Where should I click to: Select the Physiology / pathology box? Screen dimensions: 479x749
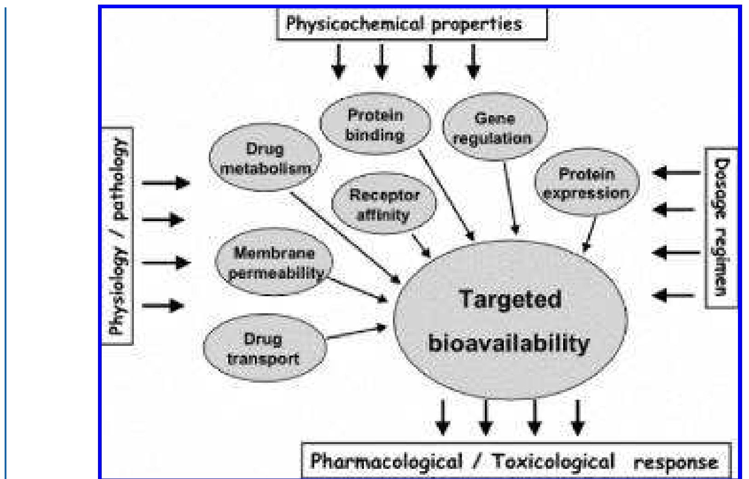[118, 235]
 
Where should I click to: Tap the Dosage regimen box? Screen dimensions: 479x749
[721, 228]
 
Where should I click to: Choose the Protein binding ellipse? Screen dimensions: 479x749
[375, 124]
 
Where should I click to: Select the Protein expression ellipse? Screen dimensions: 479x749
[586, 183]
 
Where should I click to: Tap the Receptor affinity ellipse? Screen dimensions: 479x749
[383, 204]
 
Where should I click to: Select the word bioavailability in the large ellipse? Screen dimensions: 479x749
[509, 343]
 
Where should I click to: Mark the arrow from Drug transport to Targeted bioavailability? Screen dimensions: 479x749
[355, 333]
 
